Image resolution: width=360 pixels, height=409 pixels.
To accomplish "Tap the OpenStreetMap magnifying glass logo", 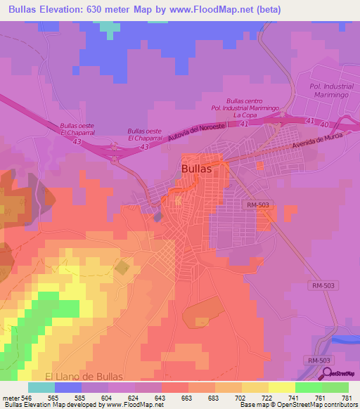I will pyautogui.click(x=326, y=374).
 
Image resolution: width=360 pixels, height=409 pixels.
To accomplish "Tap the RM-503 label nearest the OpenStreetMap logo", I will pyautogui.click(x=319, y=360).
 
